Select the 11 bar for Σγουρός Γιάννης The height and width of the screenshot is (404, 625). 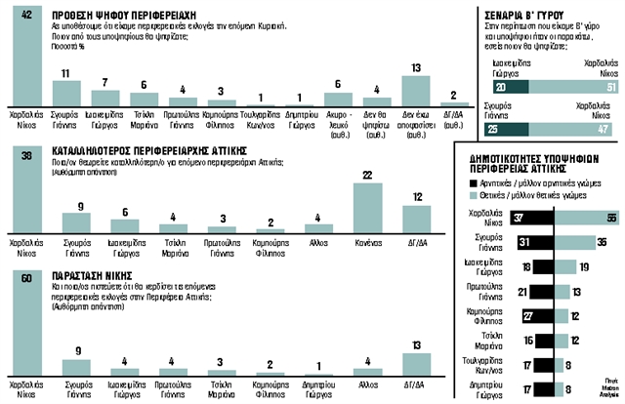65,93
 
